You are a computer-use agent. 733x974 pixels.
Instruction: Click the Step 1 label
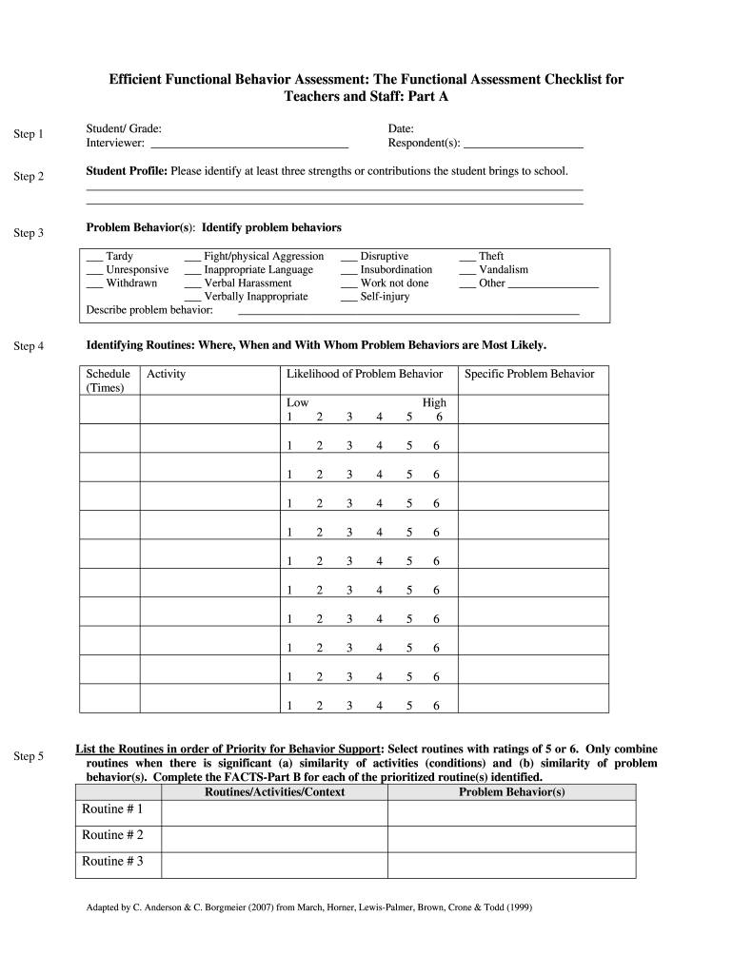click(29, 134)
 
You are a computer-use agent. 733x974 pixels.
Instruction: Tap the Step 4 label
click(29, 346)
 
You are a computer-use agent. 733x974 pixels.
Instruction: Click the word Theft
click(491, 257)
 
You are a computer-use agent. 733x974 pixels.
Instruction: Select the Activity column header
click(167, 374)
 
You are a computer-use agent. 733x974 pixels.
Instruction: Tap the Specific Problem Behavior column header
click(529, 374)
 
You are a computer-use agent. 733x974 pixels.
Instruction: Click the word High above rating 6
click(434, 402)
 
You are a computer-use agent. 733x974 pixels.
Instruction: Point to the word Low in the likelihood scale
click(297, 402)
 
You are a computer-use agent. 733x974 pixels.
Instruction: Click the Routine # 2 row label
click(112, 835)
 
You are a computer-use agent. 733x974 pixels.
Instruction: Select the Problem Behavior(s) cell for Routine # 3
click(511, 863)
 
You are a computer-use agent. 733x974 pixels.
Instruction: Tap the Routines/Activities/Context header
click(274, 792)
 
